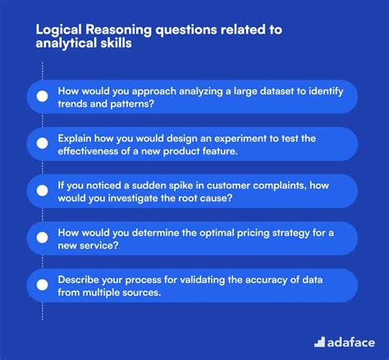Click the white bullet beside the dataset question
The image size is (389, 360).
[x=40, y=96]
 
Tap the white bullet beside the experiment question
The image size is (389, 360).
[x=40, y=144]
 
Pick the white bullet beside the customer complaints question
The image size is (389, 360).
[x=40, y=191]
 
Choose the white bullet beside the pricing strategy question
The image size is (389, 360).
[x=40, y=239]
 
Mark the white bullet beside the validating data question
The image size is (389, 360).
[x=40, y=286]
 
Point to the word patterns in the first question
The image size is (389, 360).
[x=133, y=103]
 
